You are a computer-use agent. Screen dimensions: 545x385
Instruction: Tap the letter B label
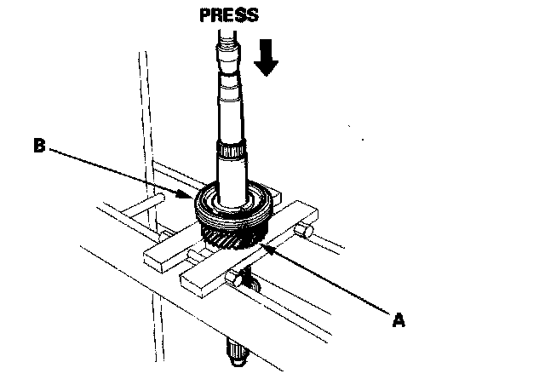(38, 147)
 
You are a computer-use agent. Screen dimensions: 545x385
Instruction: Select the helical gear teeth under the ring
(229, 236)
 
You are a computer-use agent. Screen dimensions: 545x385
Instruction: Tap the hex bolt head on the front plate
(234, 279)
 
